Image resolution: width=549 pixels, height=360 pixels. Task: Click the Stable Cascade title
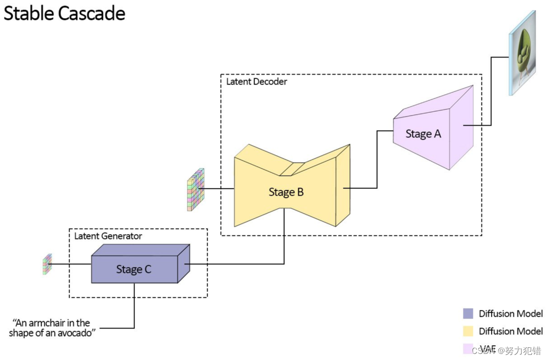[x=64, y=13]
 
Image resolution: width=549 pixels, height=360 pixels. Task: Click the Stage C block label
[x=134, y=269]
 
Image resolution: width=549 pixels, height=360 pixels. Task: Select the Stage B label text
[x=286, y=192]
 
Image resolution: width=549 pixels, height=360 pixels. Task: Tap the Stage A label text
[x=423, y=134]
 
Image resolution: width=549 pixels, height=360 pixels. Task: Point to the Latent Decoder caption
[x=256, y=81]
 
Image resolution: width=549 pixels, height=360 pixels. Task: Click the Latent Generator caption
[x=108, y=236]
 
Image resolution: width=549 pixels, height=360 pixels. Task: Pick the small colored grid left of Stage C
[x=47, y=264]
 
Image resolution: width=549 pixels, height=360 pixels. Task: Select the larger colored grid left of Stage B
[x=196, y=190]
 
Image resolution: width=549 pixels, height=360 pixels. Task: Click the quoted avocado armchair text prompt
[x=52, y=327]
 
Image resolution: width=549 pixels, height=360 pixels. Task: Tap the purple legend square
[x=468, y=314]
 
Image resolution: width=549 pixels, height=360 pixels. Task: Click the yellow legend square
[x=468, y=332]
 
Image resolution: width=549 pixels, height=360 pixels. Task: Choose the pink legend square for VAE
[x=468, y=348]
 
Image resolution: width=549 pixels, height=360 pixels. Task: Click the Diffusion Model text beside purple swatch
[x=510, y=314]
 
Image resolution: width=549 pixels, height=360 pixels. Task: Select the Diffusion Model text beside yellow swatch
[x=510, y=332]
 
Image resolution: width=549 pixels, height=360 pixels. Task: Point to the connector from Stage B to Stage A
[x=377, y=160]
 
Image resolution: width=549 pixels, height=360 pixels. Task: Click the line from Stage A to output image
[x=491, y=92]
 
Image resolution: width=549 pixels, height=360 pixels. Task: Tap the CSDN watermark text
[x=506, y=350]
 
